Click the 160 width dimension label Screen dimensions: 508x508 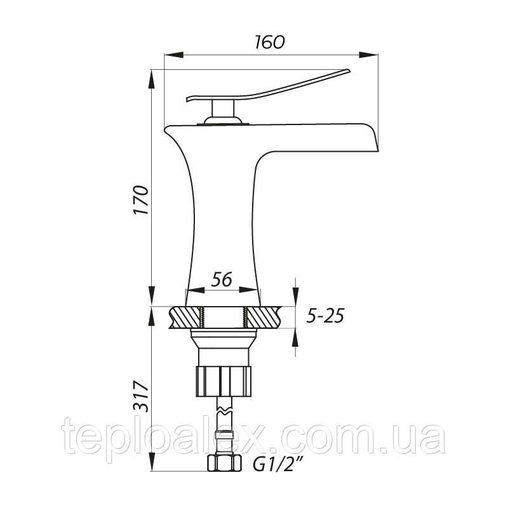[x=269, y=42]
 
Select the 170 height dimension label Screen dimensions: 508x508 [x=141, y=200]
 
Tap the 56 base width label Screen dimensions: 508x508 [x=222, y=279]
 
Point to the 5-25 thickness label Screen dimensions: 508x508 [x=325, y=316]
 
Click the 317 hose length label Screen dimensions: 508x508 [x=141, y=396]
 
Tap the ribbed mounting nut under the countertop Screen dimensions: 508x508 [x=224, y=380]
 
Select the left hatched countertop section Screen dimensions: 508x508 [x=185, y=317]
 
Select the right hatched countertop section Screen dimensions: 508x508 [x=263, y=317]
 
